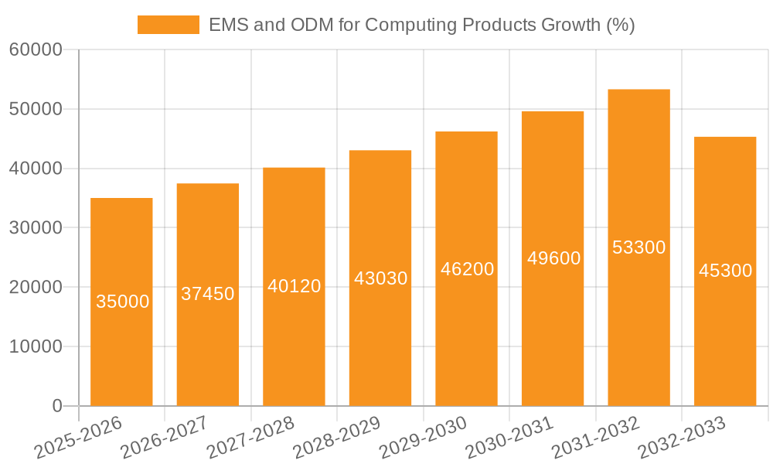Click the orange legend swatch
tap(168, 25)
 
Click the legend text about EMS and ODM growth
tap(421, 25)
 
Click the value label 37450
tap(208, 294)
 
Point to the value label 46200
tap(467, 269)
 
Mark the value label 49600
tap(553, 258)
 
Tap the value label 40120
tap(294, 286)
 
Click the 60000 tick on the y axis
tap(36, 50)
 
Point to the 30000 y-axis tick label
tap(36, 228)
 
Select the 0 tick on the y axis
tap(56, 406)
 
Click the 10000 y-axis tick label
tap(36, 346)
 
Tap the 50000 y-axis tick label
tap(36, 109)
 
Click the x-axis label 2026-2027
tap(164, 437)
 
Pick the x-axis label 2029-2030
tap(424, 437)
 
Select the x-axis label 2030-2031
tap(510, 437)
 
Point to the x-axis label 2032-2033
tap(683, 437)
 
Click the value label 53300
tap(638, 247)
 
